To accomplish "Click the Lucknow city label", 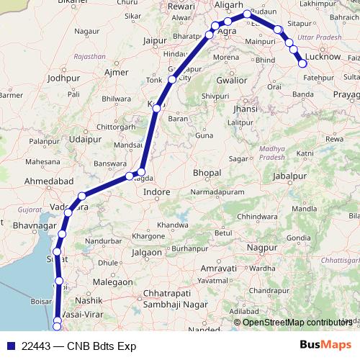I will (x=323, y=56).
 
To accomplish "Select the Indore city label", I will (x=157, y=193).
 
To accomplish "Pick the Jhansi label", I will (x=246, y=109).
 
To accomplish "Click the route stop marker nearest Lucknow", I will (x=303, y=64).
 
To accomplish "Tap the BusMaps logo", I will (x=326, y=345).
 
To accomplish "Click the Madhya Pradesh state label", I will (x=274, y=135).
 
